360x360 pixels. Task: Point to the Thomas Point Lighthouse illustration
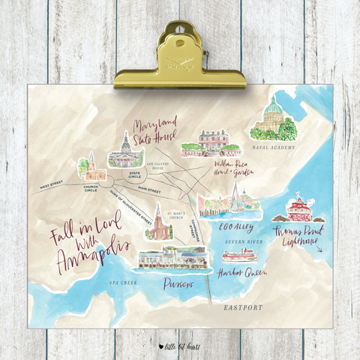point(299,207)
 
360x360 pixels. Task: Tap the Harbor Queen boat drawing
point(238,255)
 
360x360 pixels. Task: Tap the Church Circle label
point(91,188)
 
